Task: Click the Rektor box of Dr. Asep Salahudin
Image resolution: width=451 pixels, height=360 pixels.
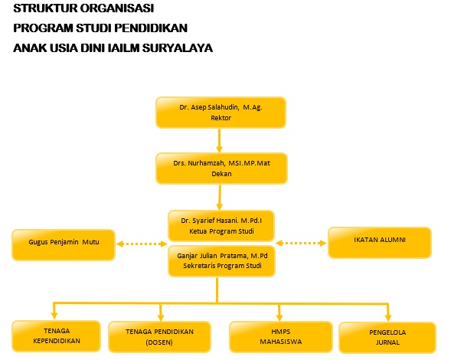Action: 221,113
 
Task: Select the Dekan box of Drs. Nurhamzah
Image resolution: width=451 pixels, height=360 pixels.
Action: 221,169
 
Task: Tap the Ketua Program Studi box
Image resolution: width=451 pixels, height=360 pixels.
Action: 221,226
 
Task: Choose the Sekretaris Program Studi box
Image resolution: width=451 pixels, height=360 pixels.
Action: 221,261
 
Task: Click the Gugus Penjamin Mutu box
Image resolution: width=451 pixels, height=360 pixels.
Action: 64,245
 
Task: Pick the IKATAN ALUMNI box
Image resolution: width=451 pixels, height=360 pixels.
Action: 380,243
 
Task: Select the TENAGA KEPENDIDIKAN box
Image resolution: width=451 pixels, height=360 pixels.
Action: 57,335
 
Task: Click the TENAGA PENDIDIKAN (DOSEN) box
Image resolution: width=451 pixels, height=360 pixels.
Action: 159,337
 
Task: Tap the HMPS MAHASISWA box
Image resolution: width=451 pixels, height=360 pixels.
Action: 281,337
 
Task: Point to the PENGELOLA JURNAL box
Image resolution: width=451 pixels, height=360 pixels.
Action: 387,338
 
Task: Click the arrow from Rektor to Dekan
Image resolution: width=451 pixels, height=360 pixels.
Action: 220,141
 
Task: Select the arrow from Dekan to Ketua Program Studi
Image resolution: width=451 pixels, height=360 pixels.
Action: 220,198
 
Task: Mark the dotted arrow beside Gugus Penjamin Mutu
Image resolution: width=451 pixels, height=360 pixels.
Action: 142,244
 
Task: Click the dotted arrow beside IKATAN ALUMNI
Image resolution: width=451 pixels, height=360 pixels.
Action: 301,243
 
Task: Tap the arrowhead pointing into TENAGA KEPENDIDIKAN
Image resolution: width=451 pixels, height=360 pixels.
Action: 54,316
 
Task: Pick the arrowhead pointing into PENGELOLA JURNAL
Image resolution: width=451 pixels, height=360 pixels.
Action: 388,317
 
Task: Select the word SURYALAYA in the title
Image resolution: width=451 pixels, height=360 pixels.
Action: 178,48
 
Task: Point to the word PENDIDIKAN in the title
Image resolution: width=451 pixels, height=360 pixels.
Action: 151,28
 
